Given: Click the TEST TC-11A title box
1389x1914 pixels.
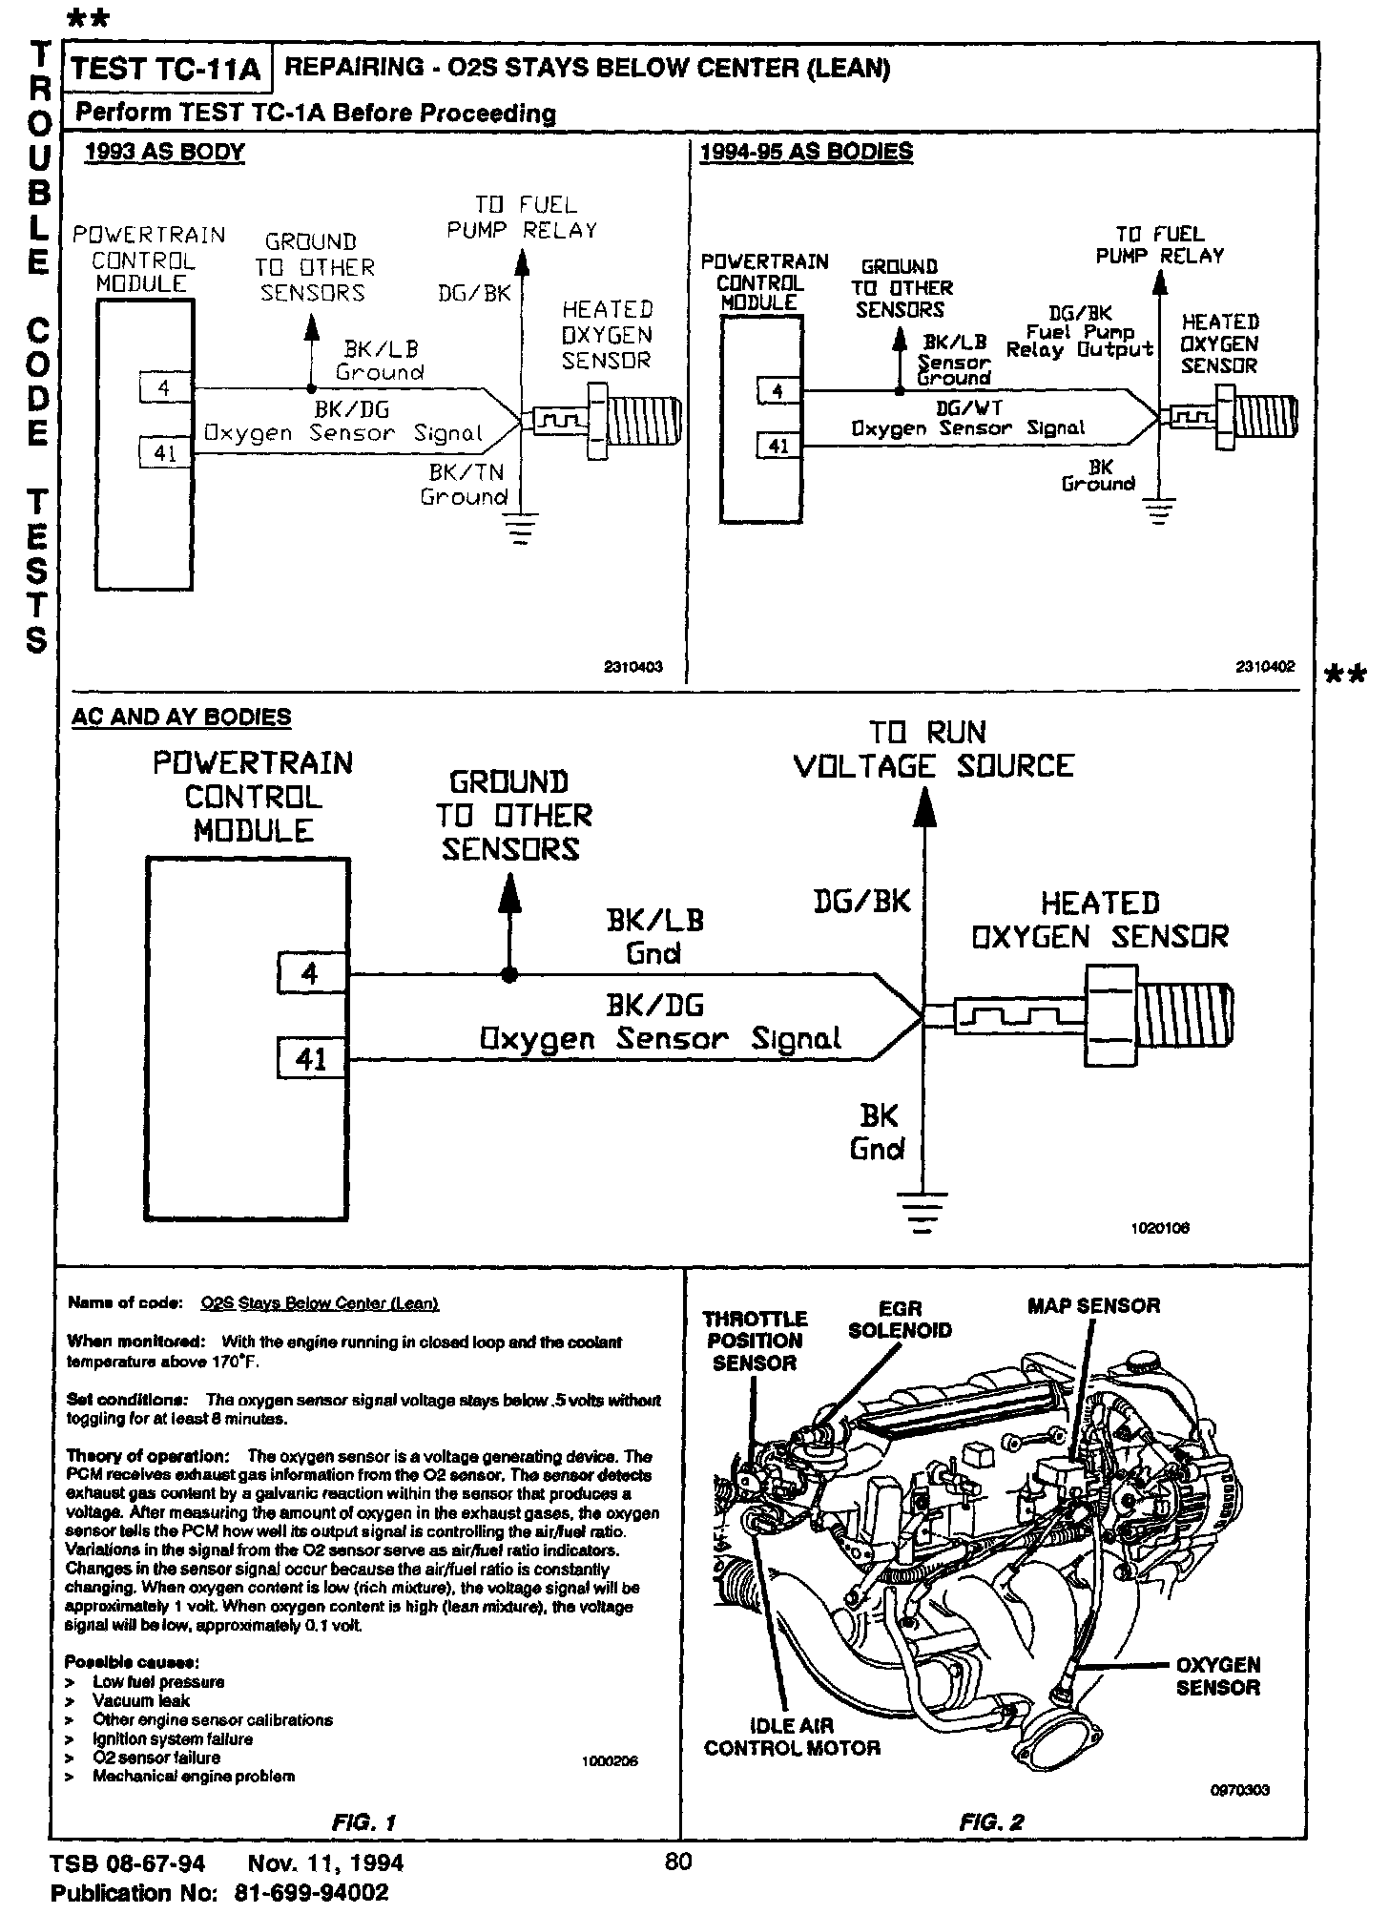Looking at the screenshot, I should click(x=166, y=69).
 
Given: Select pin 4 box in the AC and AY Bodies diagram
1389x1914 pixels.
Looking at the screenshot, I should click(x=310, y=975).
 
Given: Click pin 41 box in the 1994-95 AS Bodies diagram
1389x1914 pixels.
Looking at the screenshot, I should click(x=778, y=445).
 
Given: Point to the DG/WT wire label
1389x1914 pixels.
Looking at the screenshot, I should click(x=968, y=407).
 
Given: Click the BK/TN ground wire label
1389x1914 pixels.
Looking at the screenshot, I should click(x=466, y=485).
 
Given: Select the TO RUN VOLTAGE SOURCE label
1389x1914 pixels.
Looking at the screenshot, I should click(x=933, y=749).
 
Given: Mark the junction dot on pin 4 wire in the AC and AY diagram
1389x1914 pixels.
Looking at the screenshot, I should click(x=510, y=975).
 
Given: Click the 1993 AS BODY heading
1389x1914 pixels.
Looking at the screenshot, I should click(x=164, y=153).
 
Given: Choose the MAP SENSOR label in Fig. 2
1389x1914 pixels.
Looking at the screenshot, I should click(x=1093, y=1306).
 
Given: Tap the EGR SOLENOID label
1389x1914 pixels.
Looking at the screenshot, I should click(x=900, y=1320).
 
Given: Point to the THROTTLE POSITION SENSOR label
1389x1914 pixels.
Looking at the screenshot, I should click(x=756, y=1341).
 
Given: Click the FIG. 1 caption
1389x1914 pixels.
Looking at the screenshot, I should click(x=363, y=1822).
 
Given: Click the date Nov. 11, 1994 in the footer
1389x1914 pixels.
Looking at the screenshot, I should click(x=325, y=1863).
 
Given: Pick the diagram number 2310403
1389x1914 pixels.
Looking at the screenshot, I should click(x=632, y=668).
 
